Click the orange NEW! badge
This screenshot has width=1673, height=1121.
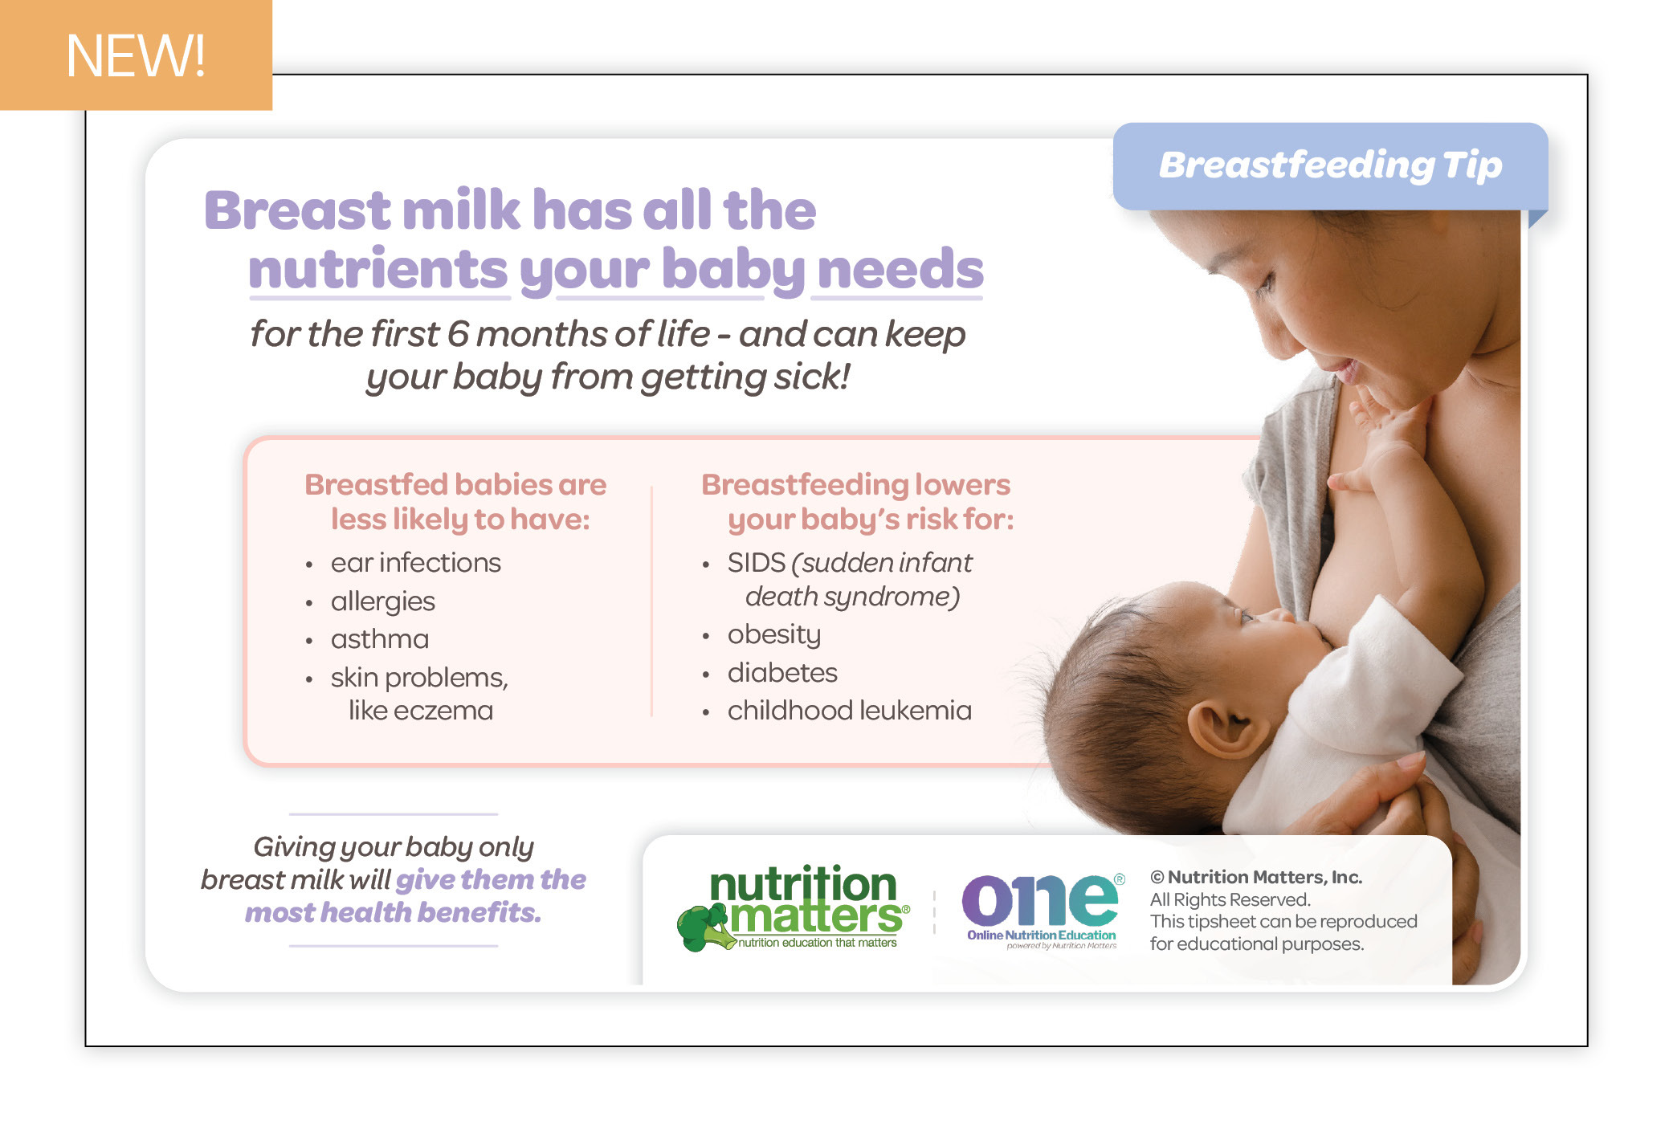(136, 55)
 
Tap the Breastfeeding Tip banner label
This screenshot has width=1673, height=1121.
(1330, 165)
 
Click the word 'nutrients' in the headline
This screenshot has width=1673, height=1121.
(378, 269)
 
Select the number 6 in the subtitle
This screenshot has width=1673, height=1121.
(458, 333)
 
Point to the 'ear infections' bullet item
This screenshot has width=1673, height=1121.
(415, 563)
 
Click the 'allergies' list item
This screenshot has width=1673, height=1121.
(382, 601)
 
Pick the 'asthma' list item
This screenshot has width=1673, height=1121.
(379, 639)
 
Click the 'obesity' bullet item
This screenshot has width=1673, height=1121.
(773, 634)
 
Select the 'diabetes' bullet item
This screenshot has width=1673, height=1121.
(781, 673)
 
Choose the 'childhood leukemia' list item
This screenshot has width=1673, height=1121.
(849, 711)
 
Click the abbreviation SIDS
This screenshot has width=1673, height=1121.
(756, 563)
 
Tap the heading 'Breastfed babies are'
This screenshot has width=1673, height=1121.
(455, 485)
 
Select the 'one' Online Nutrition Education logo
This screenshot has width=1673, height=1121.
(1043, 911)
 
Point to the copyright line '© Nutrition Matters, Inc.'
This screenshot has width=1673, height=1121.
(1255, 877)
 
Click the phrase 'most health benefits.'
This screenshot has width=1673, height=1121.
(393, 913)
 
